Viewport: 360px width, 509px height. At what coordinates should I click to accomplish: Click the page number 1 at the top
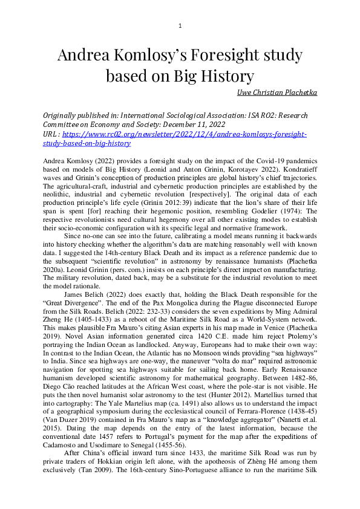point(180,25)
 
